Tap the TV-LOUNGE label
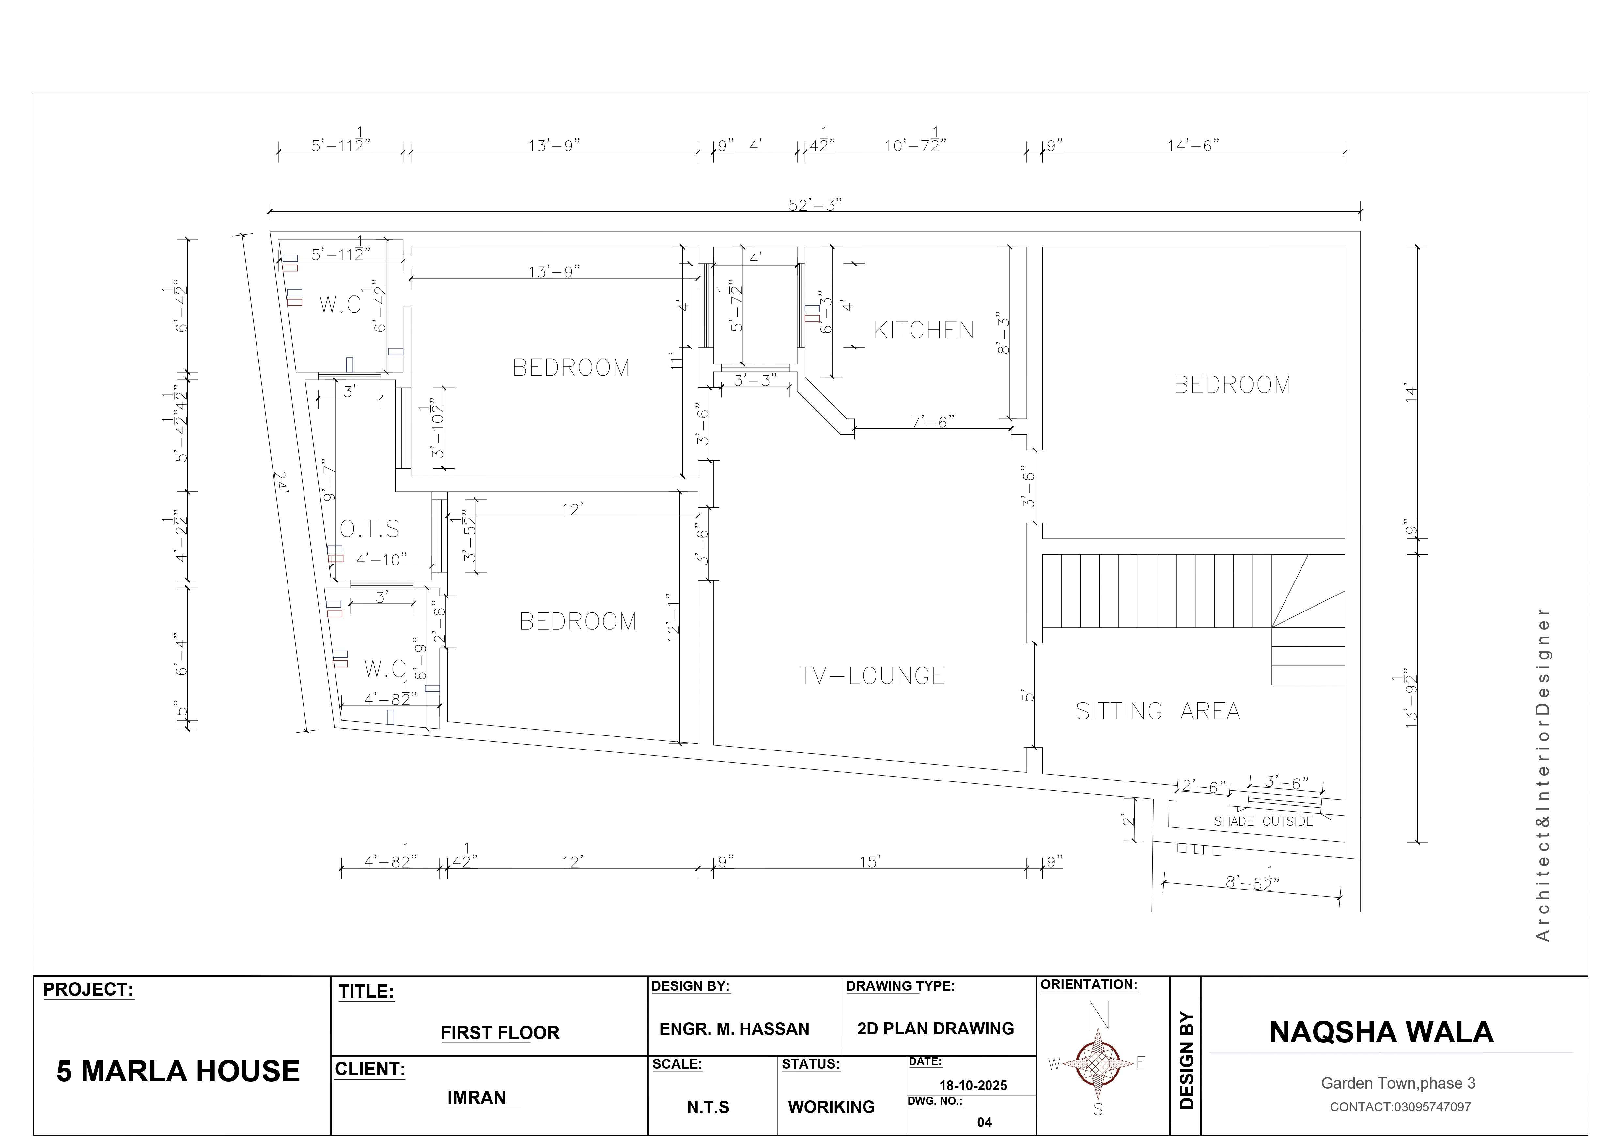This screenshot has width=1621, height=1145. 872,675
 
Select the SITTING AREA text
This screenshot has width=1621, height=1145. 1158,711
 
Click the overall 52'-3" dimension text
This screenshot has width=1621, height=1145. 815,205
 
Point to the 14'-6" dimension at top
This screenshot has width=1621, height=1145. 1193,146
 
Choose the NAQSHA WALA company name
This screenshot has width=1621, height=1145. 1382,1032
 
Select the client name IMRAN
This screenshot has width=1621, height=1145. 476,1098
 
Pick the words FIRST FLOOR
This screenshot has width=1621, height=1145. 500,1033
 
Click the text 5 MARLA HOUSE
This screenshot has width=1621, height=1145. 178,1071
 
